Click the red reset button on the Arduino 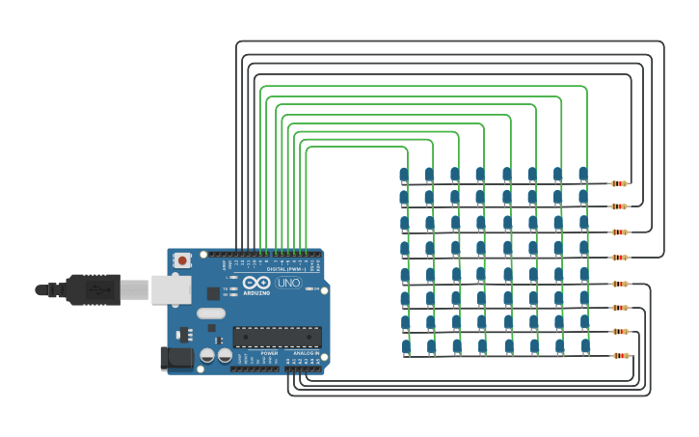(182, 260)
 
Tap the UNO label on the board (288, 283)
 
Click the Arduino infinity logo (256, 283)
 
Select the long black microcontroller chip (277, 337)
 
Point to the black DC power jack (176, 358)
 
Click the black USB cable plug (93, 288)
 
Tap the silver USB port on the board (171, 288)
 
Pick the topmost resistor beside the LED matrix (619, 183)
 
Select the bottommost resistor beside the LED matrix (621, 356)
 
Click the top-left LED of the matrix (404, 175)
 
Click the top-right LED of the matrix (582, 174)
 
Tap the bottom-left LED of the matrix (406, 346)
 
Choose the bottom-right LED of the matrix (585, 345)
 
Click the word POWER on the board (269, 353)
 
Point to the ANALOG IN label (306, 353)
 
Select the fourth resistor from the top (619, 258)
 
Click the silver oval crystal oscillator (210, 313)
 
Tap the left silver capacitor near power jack (207, 355)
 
